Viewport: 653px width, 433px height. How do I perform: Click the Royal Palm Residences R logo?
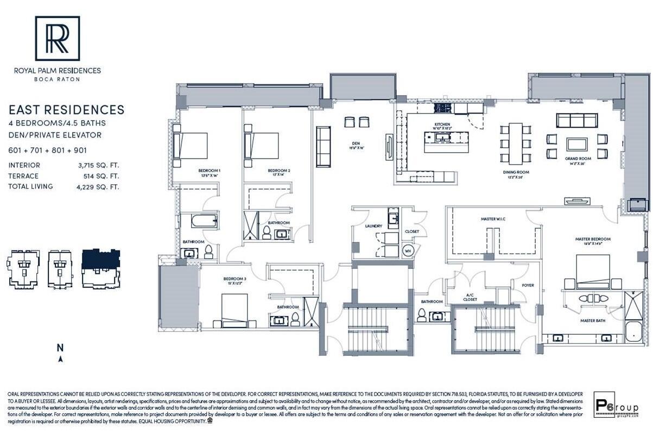click(58, 38)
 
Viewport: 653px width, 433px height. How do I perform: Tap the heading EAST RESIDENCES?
click(66, 110)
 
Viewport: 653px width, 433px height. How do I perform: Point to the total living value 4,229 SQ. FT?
click(98, 186)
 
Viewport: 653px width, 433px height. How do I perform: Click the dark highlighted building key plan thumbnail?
click(101, 269)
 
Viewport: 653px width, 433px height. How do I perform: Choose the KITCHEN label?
click(443, 124)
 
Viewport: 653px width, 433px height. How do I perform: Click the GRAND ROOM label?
click(578, 159)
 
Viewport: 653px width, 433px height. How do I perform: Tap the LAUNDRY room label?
click(373, 226)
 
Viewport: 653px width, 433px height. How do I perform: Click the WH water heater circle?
click(408, 250)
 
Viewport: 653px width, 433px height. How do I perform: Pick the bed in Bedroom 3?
click(234, 311)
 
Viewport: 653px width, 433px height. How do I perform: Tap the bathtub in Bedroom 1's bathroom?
click(199, 222)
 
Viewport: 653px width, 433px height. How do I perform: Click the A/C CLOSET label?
click(470, 297)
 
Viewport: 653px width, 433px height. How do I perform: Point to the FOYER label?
click(528, 285)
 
